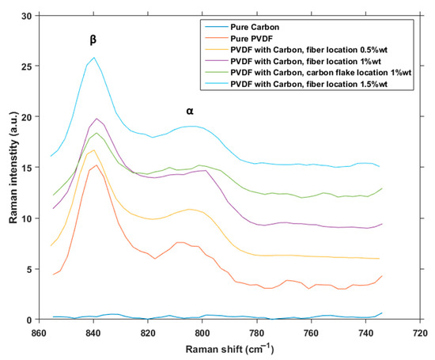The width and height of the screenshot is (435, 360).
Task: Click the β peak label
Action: click(x=93, y=37)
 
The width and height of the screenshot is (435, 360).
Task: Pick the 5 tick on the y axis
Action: click(x=28, y=269)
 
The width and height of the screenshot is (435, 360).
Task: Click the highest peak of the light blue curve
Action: click(x=94, y=58)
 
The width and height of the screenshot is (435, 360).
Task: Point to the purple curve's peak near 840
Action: click(x=96, y=119)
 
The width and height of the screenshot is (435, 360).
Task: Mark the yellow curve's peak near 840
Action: click(x=94, y=150)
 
